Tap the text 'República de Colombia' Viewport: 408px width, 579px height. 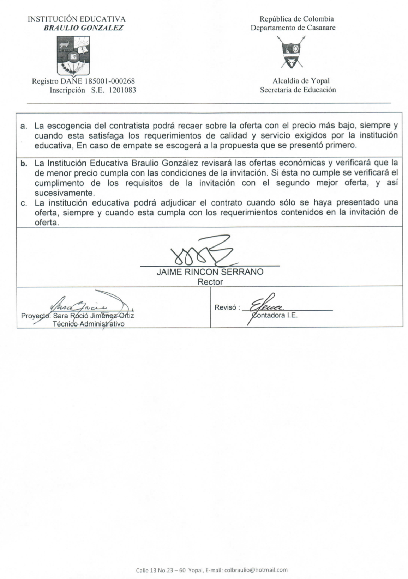tap(292, 19)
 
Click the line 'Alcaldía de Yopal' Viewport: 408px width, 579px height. tap(301, 81)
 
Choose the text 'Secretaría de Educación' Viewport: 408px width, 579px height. tap(298, 90)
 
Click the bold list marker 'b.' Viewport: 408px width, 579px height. tap(24, 163)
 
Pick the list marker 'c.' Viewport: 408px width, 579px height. tap(24, 203)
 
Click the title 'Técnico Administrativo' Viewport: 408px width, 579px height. tap(88, 324)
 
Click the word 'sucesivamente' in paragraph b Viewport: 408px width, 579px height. tap(60, 193)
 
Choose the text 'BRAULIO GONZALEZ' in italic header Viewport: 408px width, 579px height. tap(83, 28)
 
